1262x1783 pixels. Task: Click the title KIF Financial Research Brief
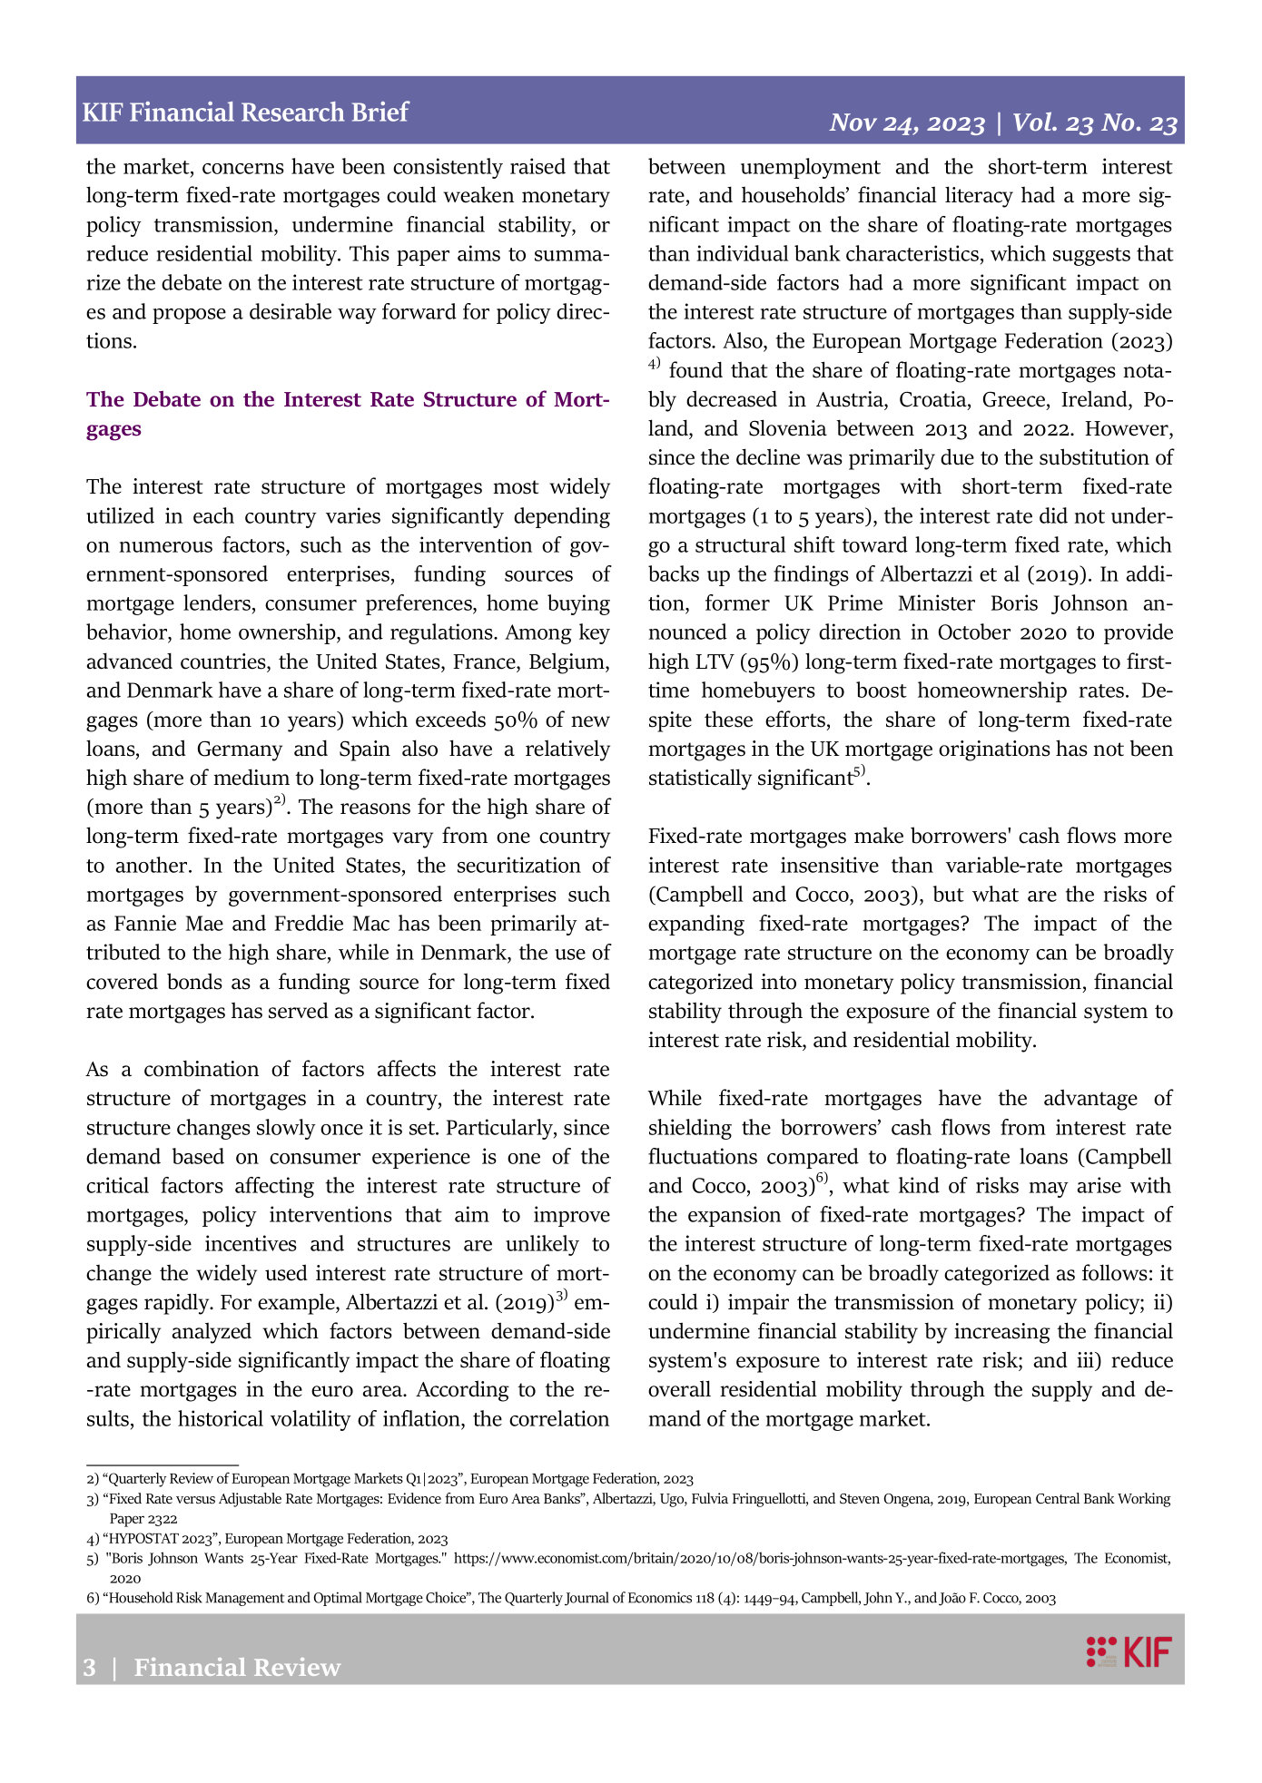pos(245,113)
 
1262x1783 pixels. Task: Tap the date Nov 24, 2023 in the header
pos(907,123)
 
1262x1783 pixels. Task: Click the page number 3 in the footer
pos(89,1668)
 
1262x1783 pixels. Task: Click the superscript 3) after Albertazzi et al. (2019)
pos(561,1296)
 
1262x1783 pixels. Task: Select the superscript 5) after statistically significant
pos(860,772)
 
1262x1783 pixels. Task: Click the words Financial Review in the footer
pos(237,1668)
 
